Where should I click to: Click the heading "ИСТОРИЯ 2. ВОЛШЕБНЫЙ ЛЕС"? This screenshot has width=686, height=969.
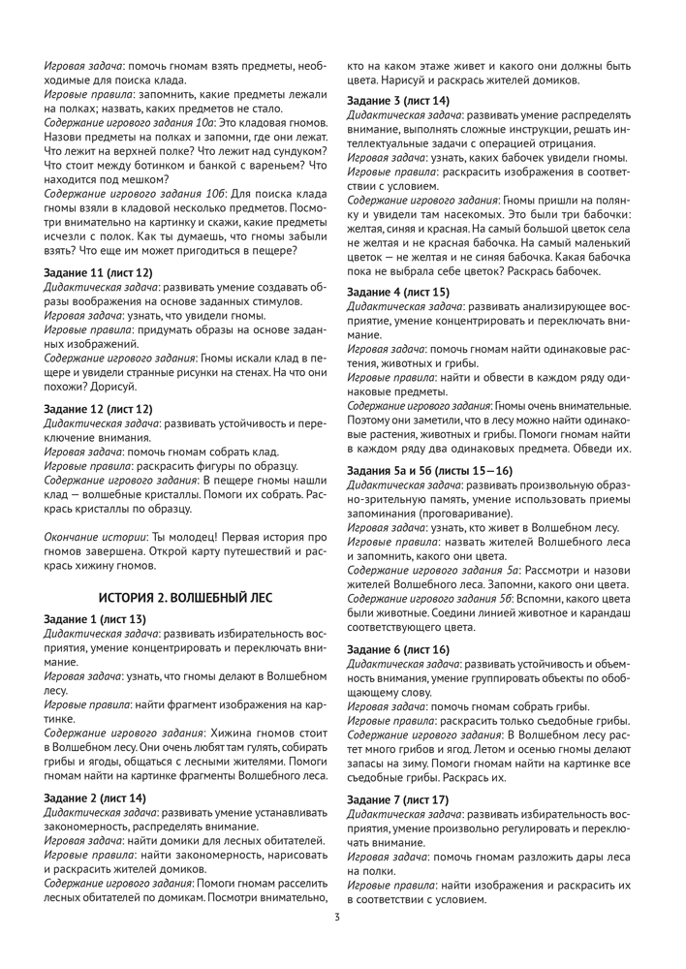point(185,596)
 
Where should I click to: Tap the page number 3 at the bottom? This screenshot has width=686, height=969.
point(337,918)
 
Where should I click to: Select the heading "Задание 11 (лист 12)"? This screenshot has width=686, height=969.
point(98,273)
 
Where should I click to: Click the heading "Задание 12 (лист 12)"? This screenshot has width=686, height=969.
point(98,409)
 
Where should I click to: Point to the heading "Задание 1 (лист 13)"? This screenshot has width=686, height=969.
point(95,618)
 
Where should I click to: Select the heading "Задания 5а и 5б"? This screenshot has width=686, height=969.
point(398,470)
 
